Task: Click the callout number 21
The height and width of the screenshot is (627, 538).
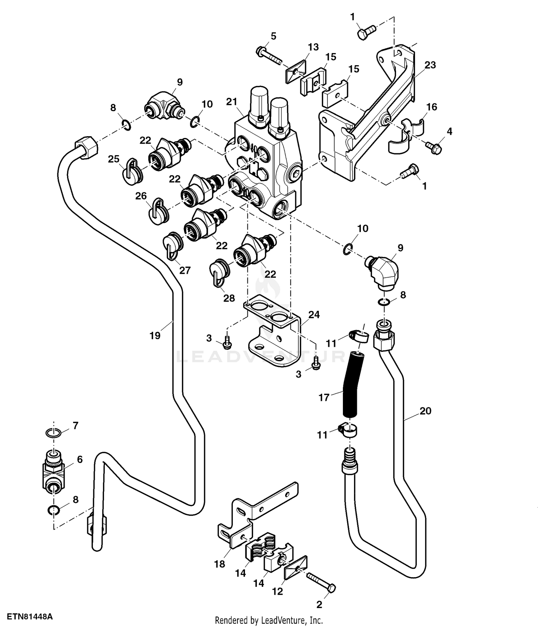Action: click(232, 102)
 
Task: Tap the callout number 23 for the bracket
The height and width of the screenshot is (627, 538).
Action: click(430, 65)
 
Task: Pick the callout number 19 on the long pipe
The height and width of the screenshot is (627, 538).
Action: click(155, 336)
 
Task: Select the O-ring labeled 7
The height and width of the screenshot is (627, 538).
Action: click(53, 433)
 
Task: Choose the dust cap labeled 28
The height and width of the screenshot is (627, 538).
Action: click(217, 273)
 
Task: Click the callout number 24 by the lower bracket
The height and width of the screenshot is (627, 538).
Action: click(314, 315)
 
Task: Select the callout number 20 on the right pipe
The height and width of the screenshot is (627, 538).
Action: click(425, 411)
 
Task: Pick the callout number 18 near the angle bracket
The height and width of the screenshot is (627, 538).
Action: click(220, 564)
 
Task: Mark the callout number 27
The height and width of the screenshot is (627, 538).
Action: click(185, 270)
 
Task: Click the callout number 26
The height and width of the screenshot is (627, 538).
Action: click(141, 196)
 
